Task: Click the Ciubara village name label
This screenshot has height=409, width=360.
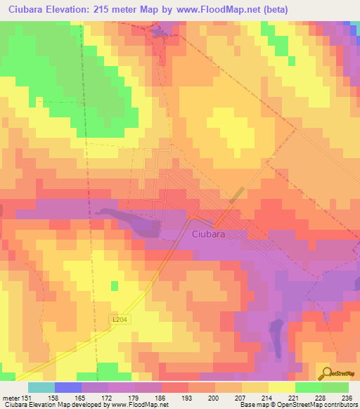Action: click(208, 236)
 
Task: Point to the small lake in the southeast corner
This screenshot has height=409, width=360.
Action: click(276, 330)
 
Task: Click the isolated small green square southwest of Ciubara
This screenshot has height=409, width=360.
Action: click(114, 285)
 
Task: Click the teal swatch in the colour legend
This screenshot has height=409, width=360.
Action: click(41, 387)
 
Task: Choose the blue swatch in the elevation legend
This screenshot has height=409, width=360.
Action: click(68, 387)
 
